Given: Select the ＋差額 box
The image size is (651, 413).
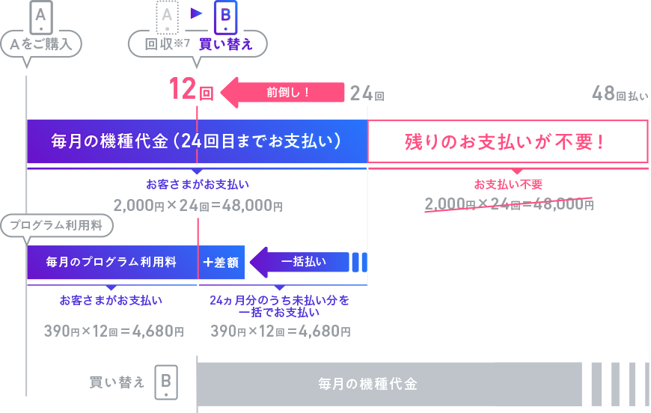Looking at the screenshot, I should pos(221,263).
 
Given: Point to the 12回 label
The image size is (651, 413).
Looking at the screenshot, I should pos(191,91).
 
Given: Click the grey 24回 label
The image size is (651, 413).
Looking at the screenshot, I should pos(367,94).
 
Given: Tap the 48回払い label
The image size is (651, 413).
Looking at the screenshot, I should pos(620,94).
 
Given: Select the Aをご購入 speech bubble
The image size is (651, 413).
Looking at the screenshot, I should pos(41,44).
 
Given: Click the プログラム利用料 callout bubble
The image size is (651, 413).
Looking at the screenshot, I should pos(56,225).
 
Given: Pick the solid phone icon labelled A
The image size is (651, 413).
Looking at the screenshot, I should pos(41,15).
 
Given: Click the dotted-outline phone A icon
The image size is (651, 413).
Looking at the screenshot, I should pos(168,16).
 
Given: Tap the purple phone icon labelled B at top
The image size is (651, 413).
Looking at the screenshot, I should pos(225,16).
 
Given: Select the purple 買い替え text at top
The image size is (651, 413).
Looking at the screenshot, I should pos(225,44).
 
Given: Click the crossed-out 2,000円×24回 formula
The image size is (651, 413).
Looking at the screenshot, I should pos(509,204).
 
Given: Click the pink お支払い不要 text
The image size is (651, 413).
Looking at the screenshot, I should pos(508,184).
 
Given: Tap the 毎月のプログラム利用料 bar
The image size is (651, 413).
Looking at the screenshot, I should pos(111,263).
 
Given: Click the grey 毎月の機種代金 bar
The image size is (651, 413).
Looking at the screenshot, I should pos(389,385).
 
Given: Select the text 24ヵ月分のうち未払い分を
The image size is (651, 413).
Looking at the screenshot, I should pos(280,300).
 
